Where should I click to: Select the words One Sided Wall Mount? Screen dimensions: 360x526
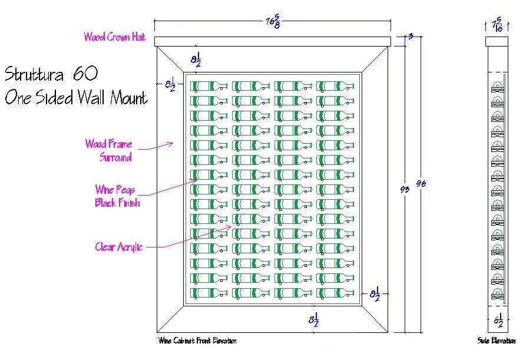coord(76,97)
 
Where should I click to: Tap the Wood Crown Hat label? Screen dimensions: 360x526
coord(115,37)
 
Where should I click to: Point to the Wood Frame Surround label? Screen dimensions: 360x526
coord(109,150)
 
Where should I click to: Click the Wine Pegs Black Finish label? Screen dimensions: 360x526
coord(117,196)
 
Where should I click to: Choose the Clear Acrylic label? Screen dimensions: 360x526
coord(119,247)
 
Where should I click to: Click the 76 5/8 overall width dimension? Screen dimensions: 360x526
coord(272,21)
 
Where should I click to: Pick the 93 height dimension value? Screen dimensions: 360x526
coord(403,189)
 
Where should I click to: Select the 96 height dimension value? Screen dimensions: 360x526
coord(421,183)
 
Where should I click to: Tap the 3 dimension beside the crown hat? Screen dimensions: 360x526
coord(410,37)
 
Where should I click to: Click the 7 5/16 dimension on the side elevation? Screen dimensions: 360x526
coord(497,24)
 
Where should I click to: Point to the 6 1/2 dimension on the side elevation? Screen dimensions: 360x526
coord(498,322)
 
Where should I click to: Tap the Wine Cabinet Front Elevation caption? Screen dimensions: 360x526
coord(197,341)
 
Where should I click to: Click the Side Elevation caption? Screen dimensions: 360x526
coord(492,341)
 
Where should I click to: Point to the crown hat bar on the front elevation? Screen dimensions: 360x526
coord(272,41)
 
